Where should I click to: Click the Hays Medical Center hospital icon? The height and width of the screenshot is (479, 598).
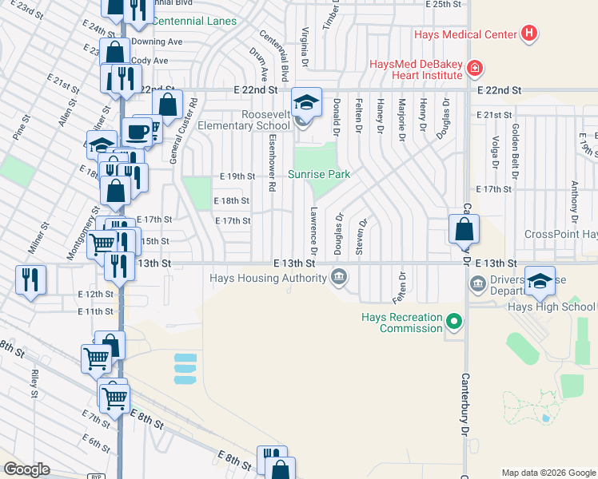[528, 34]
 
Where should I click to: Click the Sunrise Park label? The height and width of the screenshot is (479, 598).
[319, 174]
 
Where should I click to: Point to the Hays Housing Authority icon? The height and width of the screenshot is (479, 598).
[339, 278]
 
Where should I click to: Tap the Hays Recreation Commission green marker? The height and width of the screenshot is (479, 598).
[454, 323]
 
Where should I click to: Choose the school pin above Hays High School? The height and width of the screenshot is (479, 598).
[540, 281]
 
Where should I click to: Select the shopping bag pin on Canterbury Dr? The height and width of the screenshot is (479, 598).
[464, 230]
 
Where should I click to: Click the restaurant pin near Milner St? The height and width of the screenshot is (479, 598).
[30, 279]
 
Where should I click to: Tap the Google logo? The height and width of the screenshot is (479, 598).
[26, 469]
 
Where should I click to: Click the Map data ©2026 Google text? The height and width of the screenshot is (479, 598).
[548, 473]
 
